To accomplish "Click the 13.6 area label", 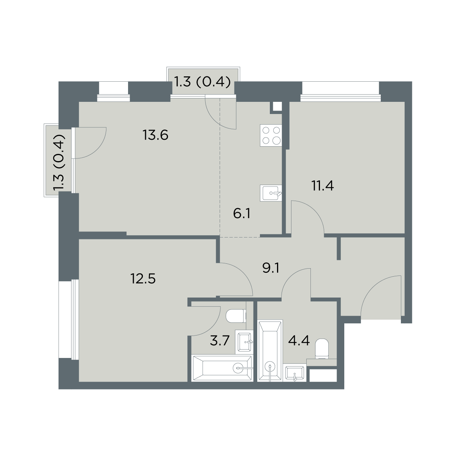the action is pos(155,135).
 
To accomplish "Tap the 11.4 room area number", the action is pos(323,186).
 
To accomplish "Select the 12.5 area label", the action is pos(143,279).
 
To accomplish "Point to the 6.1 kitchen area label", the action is pos(242,214).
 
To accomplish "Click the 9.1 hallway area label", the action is pos(271,268).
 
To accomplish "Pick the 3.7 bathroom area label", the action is pos(220,341).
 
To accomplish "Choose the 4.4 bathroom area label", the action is pos(299,341).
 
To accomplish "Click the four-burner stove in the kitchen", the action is pos(271,135).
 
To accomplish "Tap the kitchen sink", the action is pos(271,193).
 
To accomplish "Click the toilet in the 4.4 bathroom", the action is pos(322,348).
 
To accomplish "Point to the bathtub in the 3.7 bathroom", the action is pos(222,368).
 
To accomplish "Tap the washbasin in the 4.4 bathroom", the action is pos(294,374).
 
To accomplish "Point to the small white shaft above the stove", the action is pos(277,106).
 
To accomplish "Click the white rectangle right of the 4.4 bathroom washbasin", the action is pos(323,375).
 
